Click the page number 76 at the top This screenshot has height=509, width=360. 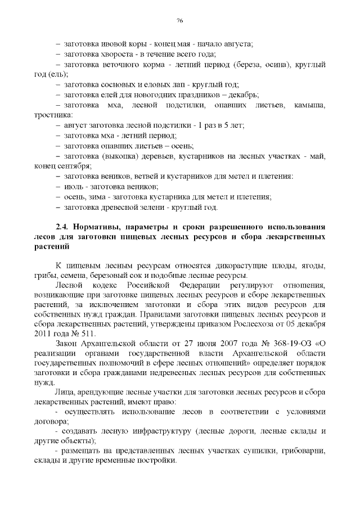tap(180, 21)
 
